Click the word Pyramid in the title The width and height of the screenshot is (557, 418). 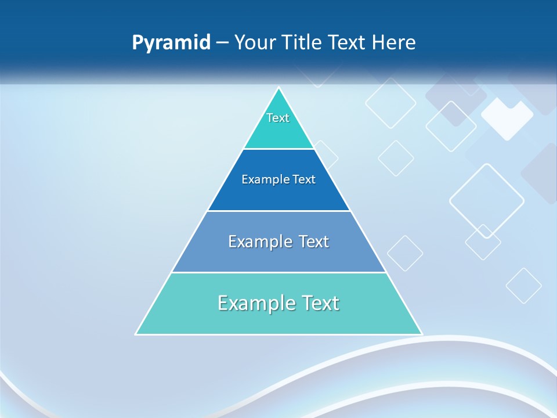point(171,43)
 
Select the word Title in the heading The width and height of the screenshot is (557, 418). point(303,42)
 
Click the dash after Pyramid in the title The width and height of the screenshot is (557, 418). point(222,43)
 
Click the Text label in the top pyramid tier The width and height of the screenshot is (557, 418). point(278,118)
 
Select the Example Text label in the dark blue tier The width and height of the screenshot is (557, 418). point(278,179)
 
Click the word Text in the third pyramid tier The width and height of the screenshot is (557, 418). point(313,242)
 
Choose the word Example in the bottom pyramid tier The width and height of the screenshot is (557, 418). point(255,303)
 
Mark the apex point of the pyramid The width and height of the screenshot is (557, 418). point(279,88)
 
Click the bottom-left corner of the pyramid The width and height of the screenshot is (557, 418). point(136,334)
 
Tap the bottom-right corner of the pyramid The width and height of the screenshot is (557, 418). point(422,334)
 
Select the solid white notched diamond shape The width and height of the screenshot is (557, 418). point(507,118)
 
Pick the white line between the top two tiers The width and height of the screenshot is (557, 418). point(278,149)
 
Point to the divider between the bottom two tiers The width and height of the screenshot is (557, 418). point(278,272)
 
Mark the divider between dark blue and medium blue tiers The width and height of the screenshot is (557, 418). point(278,211)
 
